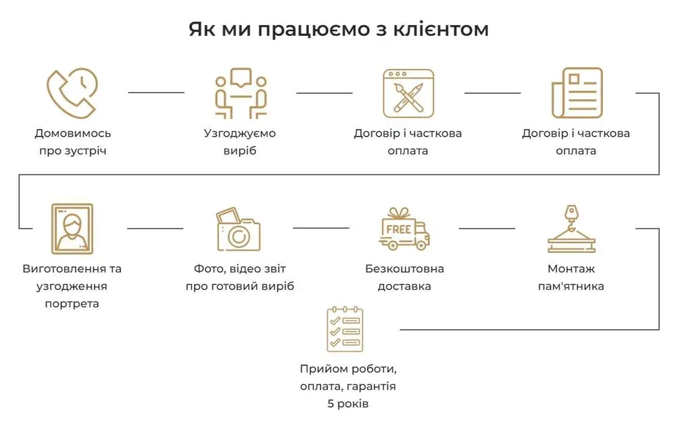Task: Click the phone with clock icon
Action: point(72,93)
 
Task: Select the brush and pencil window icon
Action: point(408,93)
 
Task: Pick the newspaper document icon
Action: point(576,93)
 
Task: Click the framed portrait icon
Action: point(72,228)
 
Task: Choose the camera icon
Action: point(239,230)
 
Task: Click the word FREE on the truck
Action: point(399,229)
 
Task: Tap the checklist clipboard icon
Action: point(345,329)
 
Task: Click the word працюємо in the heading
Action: point(294,30)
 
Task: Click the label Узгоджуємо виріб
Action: point(240,142)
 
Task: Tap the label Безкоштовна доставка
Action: point(404,277)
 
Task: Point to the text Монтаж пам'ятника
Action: point(571,277)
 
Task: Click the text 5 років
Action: point(347,404)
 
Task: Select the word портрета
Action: point(72,303)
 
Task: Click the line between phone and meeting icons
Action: point(156,93)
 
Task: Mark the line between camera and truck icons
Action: point(321,228)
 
